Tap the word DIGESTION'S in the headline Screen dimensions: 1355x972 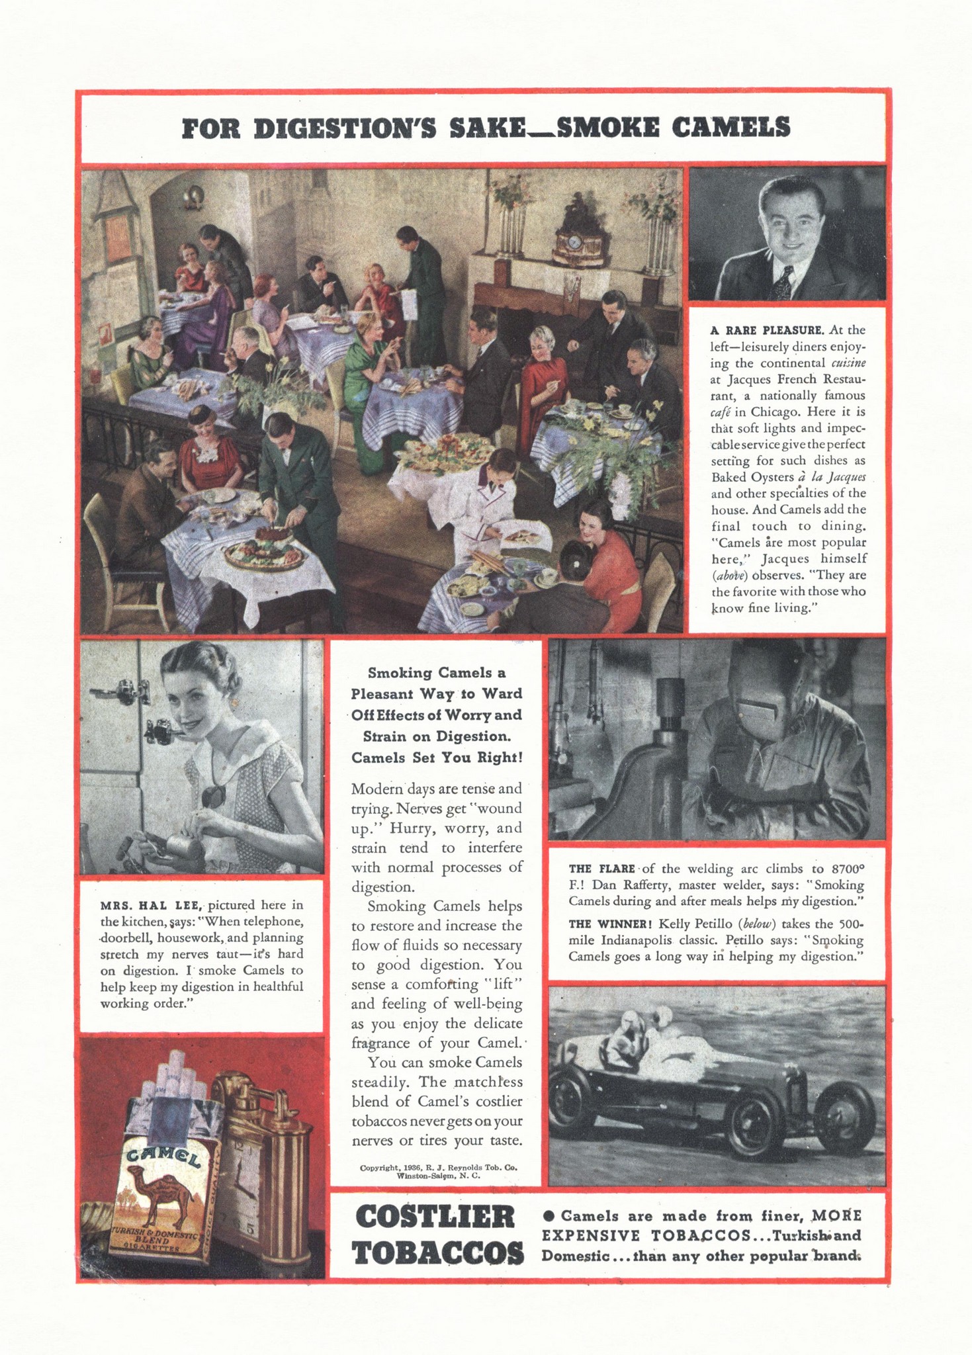click(x=343, y=127)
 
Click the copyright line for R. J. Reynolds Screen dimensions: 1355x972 click(x=438, y=1168)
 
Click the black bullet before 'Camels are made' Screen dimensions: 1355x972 click(x=548, y=1215)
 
